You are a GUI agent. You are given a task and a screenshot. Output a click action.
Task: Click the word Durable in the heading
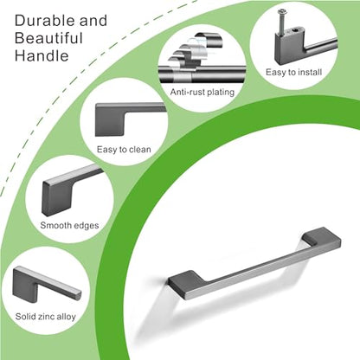(x=45, y=21)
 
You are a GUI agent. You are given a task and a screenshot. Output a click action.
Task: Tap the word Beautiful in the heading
(x=48, y=38)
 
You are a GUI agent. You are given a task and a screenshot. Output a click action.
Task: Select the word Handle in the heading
(x=42, y=55)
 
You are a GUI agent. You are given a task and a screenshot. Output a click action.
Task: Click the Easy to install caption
(x=293, y=72)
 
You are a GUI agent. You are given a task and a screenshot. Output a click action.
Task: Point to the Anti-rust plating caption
(x=202, y=93)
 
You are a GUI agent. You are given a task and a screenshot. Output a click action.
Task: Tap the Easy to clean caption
(x=124, y=150)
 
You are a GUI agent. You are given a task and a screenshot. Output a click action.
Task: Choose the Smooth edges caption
(x=69, y=225)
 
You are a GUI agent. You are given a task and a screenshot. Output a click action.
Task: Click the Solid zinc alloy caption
(x=46, y=317)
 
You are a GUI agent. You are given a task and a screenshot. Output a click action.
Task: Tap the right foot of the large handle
(x=323, y=237)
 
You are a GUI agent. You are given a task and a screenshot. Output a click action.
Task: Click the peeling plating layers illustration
(x=196, y=52)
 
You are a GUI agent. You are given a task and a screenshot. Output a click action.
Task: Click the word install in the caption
(x=309, y=72)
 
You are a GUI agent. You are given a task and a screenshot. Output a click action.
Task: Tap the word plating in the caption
(x=221, y=93)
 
